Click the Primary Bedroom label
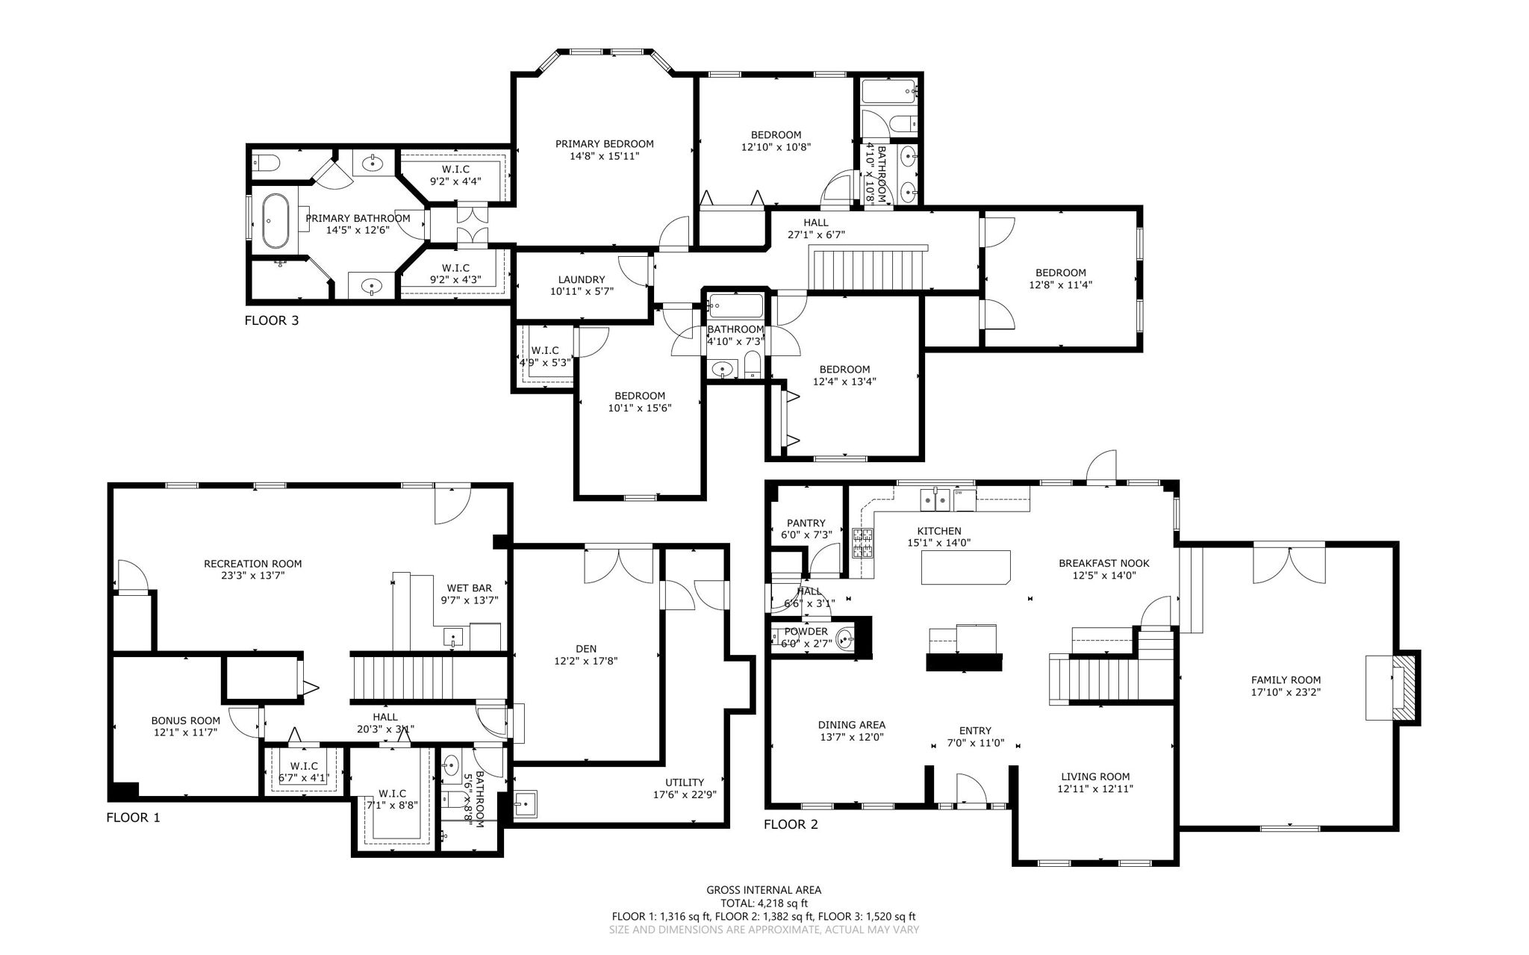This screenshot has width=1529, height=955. point(604,144)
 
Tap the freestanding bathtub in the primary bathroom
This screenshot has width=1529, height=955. point(275,221)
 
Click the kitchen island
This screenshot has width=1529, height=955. point(966,567)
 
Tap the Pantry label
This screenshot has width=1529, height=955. point(806,523)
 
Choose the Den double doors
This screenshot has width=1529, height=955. point(618,566)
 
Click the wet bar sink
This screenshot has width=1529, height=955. point(453,637)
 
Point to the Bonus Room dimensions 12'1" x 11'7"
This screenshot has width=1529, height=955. point(186,732)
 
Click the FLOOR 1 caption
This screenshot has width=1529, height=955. point(133,818)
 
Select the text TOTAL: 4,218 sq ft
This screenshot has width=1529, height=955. point(763,903)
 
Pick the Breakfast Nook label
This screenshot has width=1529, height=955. point(1103,564)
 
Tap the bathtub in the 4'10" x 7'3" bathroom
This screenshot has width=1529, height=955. point(735,305)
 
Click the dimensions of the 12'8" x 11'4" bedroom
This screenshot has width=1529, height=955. point(1060,284)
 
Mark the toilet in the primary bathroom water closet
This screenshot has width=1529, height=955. point(266,162)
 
